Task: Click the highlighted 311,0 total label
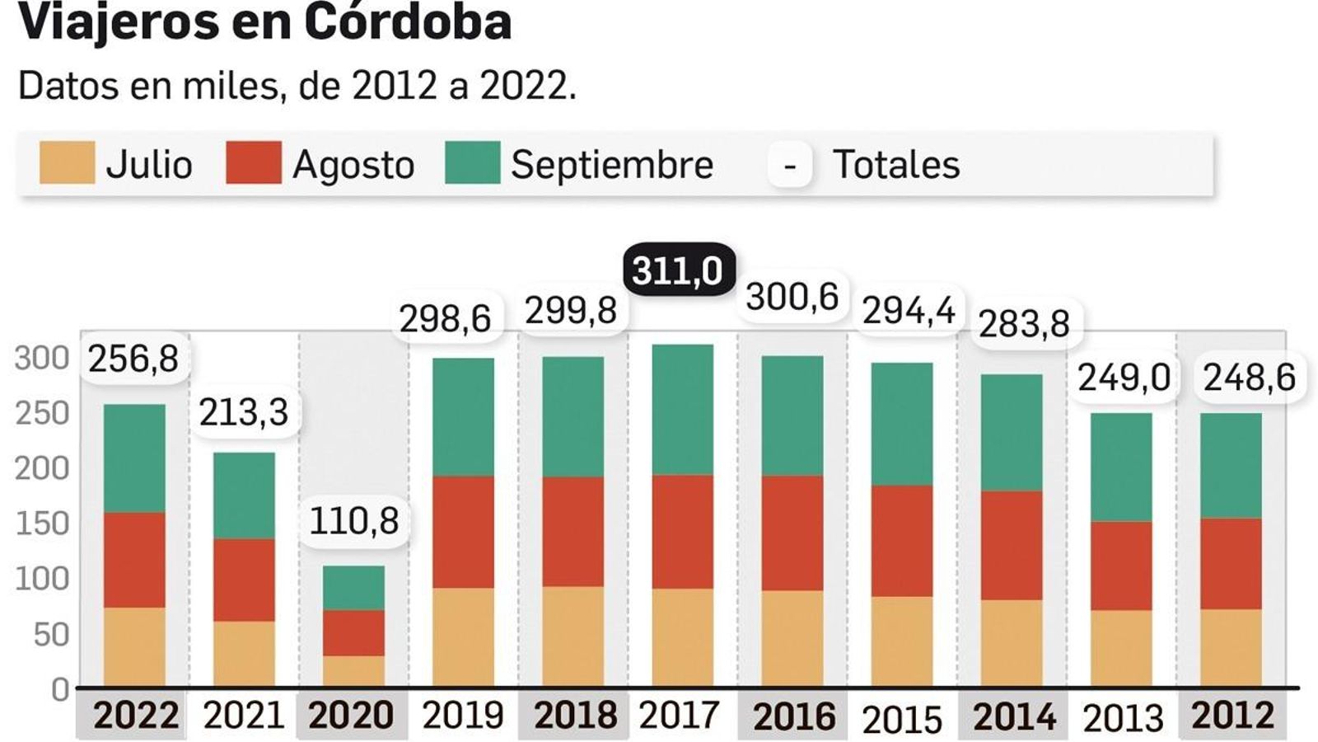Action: pyautogui.click(x=678, y=270)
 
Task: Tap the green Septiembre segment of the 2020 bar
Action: pyautogui.click(x=353, y=588)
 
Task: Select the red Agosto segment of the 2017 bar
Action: pyautogui.click(x=683, y=531)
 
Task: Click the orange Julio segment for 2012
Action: pyautogui.click(x=1231, y=647)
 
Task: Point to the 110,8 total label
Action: pyautogui.click(x=353, y=521)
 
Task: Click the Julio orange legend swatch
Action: pyautogui.click(x=67, y=162)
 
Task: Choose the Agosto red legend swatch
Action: pyautogui.click(x=253, y=162)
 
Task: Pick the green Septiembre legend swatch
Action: pyautogui.click(x=472, y=162)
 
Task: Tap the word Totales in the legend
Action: pyautogui.click(x=895, y=164)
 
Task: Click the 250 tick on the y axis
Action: pyautogui.click(x=42, y=413)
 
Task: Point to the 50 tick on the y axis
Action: pyautogui.click(x=51, y=635)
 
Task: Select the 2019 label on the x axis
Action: pyautogui.click(x=462, y=715)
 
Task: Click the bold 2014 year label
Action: pyautogui.click(x=1013, y=716)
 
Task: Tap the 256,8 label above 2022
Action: pyautogui.click(x=133, y=359)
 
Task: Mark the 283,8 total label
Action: pyautogui.click(x=1024, y=324)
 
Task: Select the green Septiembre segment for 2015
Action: pyautogui.click(x=902, y=424)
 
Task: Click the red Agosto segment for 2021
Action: pyautogui.click(x=244, y=580)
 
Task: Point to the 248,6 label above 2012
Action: pyautogui.click(x=1249, y=378)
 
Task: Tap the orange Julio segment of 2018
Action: pyautogui.click(x=573, y=636)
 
